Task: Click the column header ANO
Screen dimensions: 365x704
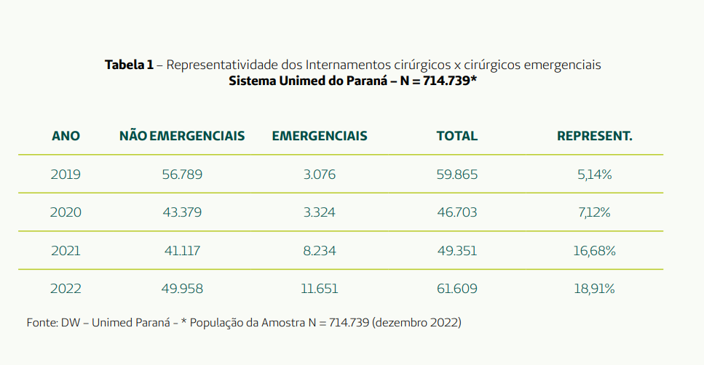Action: (x=66, y=136)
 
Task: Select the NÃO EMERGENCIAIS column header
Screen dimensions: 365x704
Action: (x=182, y=136)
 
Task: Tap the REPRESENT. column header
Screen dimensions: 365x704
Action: (x=595, y=136)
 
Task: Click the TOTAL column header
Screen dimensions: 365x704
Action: (x=456, y=136)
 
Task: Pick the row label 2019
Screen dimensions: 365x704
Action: (x=66, y=175)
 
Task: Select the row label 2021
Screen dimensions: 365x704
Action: (x=66, y=251)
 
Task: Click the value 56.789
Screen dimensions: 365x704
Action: (x=182, y=175)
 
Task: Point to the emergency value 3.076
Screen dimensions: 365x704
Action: (x=319, y=175)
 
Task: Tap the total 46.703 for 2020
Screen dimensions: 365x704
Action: (x=456, y=213)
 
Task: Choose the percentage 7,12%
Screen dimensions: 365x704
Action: (x=594, y=213)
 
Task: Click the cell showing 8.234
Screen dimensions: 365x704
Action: (x=319, y=251)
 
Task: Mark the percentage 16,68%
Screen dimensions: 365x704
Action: (x=594, y=251)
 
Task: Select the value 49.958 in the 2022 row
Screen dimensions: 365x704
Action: (x=182, y=289)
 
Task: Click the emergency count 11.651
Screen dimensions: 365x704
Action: (x=319, y=289)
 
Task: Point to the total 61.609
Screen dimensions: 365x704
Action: (x=456, y=289)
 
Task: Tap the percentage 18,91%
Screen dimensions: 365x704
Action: (x=594, y=289)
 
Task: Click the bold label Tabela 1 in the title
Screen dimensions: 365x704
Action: (x=129, y=65)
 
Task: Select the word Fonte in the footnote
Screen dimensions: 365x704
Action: (x=41, y=322)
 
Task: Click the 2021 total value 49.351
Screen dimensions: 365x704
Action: (x=456, y=251)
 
